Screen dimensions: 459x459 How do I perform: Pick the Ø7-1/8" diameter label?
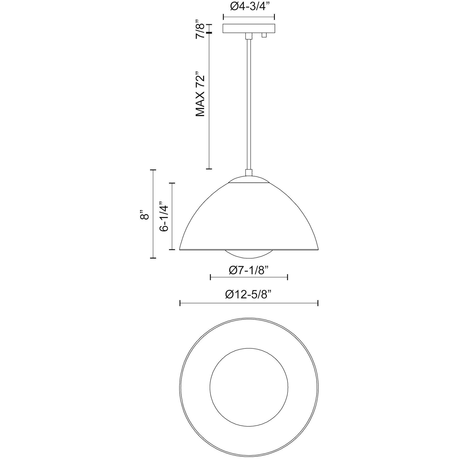click(248, 271)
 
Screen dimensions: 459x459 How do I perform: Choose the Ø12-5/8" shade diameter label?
click(248, 295)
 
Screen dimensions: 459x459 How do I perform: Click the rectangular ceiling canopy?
click(249, 29)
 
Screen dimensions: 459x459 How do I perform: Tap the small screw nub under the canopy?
click(264, 35)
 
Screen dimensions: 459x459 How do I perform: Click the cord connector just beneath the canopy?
click(249, 36)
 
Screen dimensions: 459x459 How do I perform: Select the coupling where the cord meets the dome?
click(248, 172)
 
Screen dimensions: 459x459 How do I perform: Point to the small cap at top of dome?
click(248, 180)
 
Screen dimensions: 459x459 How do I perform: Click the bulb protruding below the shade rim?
click(248, 254)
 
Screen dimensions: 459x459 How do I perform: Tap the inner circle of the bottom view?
click(248, 387)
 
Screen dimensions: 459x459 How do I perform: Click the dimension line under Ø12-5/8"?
click(249, 303)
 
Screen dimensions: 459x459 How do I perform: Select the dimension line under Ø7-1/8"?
click(248, 278)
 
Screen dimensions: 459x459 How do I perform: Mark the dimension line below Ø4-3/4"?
click(249, 17)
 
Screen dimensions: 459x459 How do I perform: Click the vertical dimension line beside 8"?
click(153, 214)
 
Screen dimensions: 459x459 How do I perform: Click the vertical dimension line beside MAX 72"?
click(209, 101)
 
